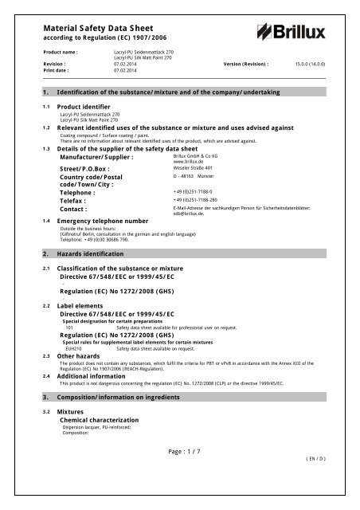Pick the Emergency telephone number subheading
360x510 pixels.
pyautogui.click(x=110, y=198)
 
